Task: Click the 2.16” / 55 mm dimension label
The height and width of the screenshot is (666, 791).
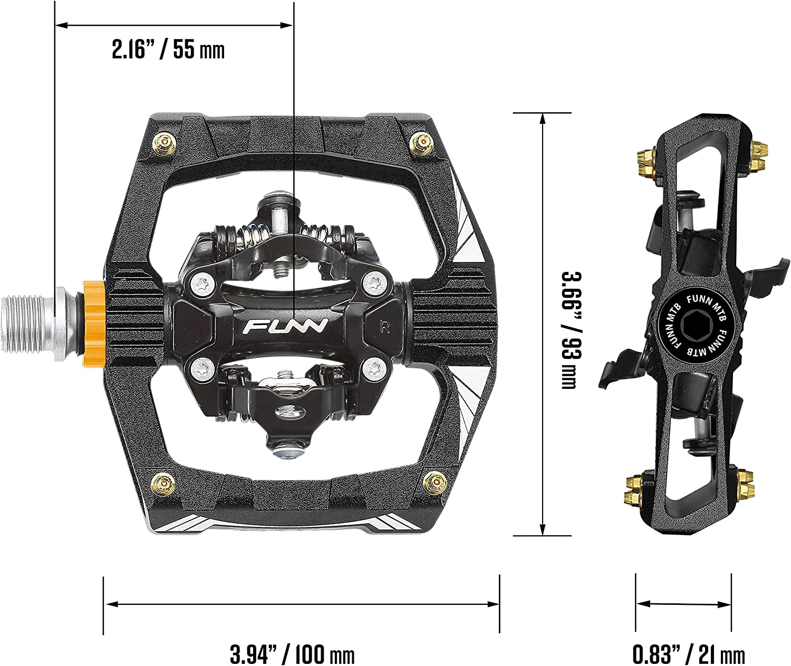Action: point(168,50)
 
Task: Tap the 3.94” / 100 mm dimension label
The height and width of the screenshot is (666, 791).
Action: point(292,655)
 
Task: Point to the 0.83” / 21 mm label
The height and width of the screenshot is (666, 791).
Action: point(688,655)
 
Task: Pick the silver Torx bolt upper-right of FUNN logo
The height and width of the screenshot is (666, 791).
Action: point(376,283)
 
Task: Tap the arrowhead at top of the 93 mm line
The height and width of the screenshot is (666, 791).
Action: point(543,118)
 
